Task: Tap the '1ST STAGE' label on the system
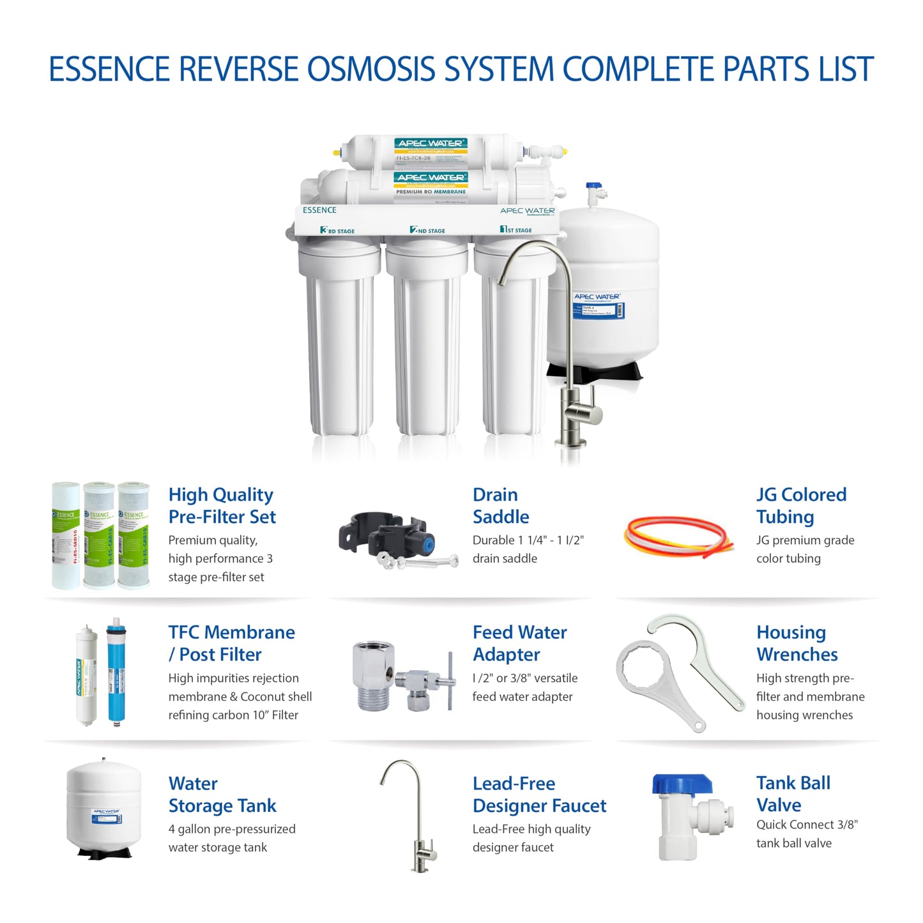[x=515, y=229]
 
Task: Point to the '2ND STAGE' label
[x=427, y=230]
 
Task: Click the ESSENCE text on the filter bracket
[x=319, y=210]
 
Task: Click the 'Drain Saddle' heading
[x=501, y=505]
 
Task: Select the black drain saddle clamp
[x=382, y=535]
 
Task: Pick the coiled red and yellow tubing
[x=674, y=536]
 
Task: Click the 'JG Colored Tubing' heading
[x=801, y=505]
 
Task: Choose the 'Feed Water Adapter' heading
[x=519, y=643]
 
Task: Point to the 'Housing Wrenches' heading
[x=797, y=643]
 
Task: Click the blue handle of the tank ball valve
[x=682, y=784]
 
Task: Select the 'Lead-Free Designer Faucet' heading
[x=538, y=795]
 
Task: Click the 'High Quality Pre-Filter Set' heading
[x=222, y=505]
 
